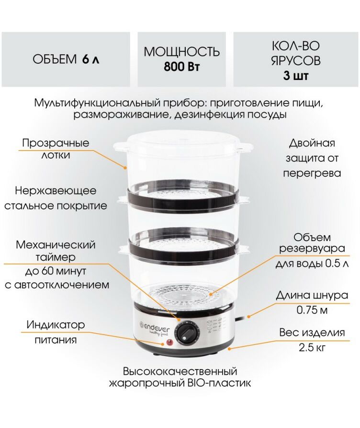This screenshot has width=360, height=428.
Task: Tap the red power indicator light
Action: coord(169,342)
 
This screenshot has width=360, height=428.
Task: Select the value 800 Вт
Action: coord(181,67)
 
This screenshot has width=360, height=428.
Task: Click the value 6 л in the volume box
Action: coord(90,59)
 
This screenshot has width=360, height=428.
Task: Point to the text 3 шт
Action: coord(296,75)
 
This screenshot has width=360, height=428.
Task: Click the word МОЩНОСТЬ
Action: coord(181,52)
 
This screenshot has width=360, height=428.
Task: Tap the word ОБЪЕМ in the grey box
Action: coord(55,59)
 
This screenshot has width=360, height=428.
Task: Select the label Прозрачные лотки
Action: coord(56,149)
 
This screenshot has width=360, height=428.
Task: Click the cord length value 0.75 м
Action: coord(312,311)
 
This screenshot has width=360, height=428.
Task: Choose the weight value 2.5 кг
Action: coord(312,348)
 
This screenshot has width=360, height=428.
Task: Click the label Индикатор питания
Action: coord(56,333)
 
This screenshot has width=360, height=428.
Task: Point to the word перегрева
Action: coord(312,174)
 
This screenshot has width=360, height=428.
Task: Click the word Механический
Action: coord(56,244)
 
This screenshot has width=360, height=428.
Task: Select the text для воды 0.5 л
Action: coord(312,264)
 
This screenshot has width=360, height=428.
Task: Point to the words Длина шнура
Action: coord(312,295)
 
